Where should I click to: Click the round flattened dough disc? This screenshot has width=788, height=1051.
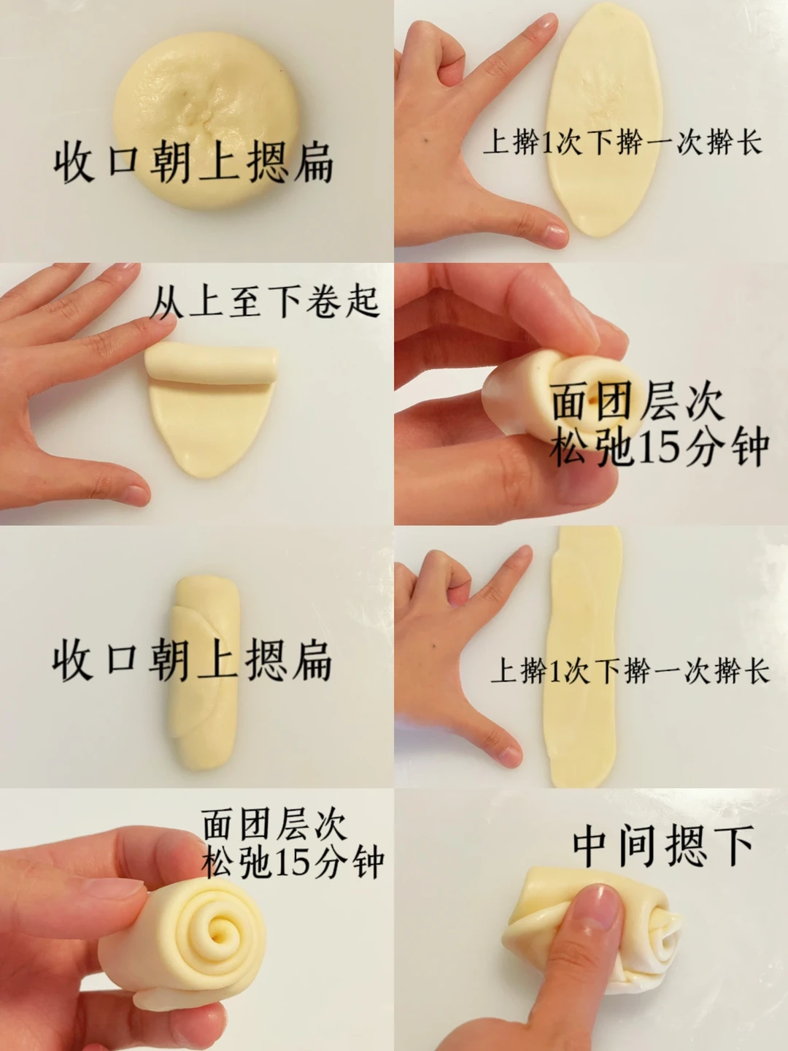[206, 120]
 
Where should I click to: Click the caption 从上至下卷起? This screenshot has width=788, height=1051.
[266, 302]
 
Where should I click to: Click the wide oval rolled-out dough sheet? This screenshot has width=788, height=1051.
[605, 120]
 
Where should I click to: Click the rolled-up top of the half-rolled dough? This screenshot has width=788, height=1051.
[212, 362]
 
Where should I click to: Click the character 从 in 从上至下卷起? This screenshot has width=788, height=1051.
[167, 302]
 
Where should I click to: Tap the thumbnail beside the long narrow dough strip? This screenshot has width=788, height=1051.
[507, 755]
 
